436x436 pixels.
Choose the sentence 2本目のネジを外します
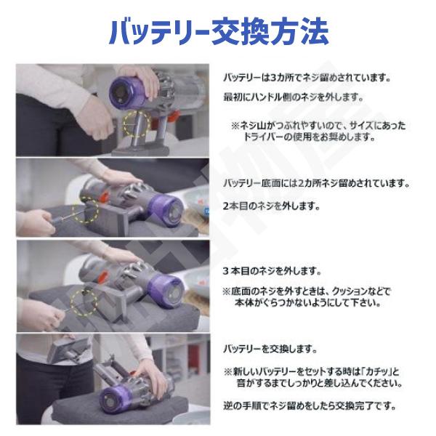click(x=270, y=206)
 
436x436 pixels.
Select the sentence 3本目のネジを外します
click(x=270, y=271)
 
